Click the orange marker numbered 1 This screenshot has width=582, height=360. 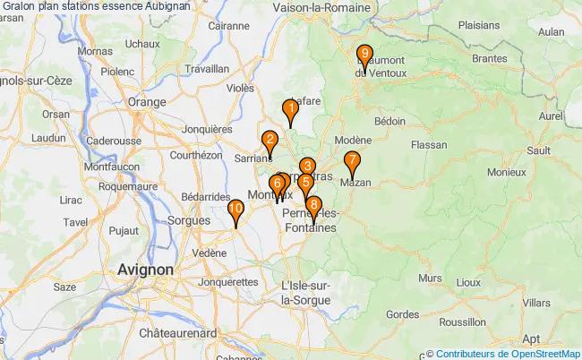pyautogui.click(x=290, y=110)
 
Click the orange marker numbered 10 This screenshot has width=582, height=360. pyautogui.click(x=235, y=211)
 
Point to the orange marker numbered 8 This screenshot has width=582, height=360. pyautogui.click(x=312, y=206)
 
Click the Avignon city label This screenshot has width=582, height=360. pyautogui.click(x=146, y=269)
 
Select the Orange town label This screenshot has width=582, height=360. pyautogui.click(x=148, y=102)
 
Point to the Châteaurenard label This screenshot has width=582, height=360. pyautogui.click(x=178, y=332)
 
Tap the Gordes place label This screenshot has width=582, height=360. pyautogui.click(x=403, y=313)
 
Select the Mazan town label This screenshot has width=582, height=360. pyautogui.click(x=355, y=183)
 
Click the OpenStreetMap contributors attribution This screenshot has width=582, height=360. pyautogui.click(x=507, y=354)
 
